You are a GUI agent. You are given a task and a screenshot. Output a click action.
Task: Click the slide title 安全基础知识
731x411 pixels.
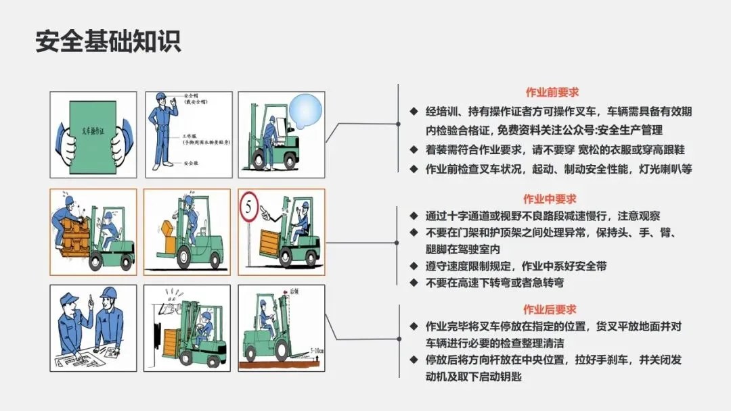(108, 42)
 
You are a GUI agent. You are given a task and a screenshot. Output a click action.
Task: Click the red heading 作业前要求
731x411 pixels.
(552, 93)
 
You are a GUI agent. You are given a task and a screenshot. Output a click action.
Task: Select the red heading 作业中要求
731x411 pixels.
(549, 199)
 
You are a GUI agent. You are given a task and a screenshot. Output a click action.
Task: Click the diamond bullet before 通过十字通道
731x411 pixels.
(414, 216)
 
